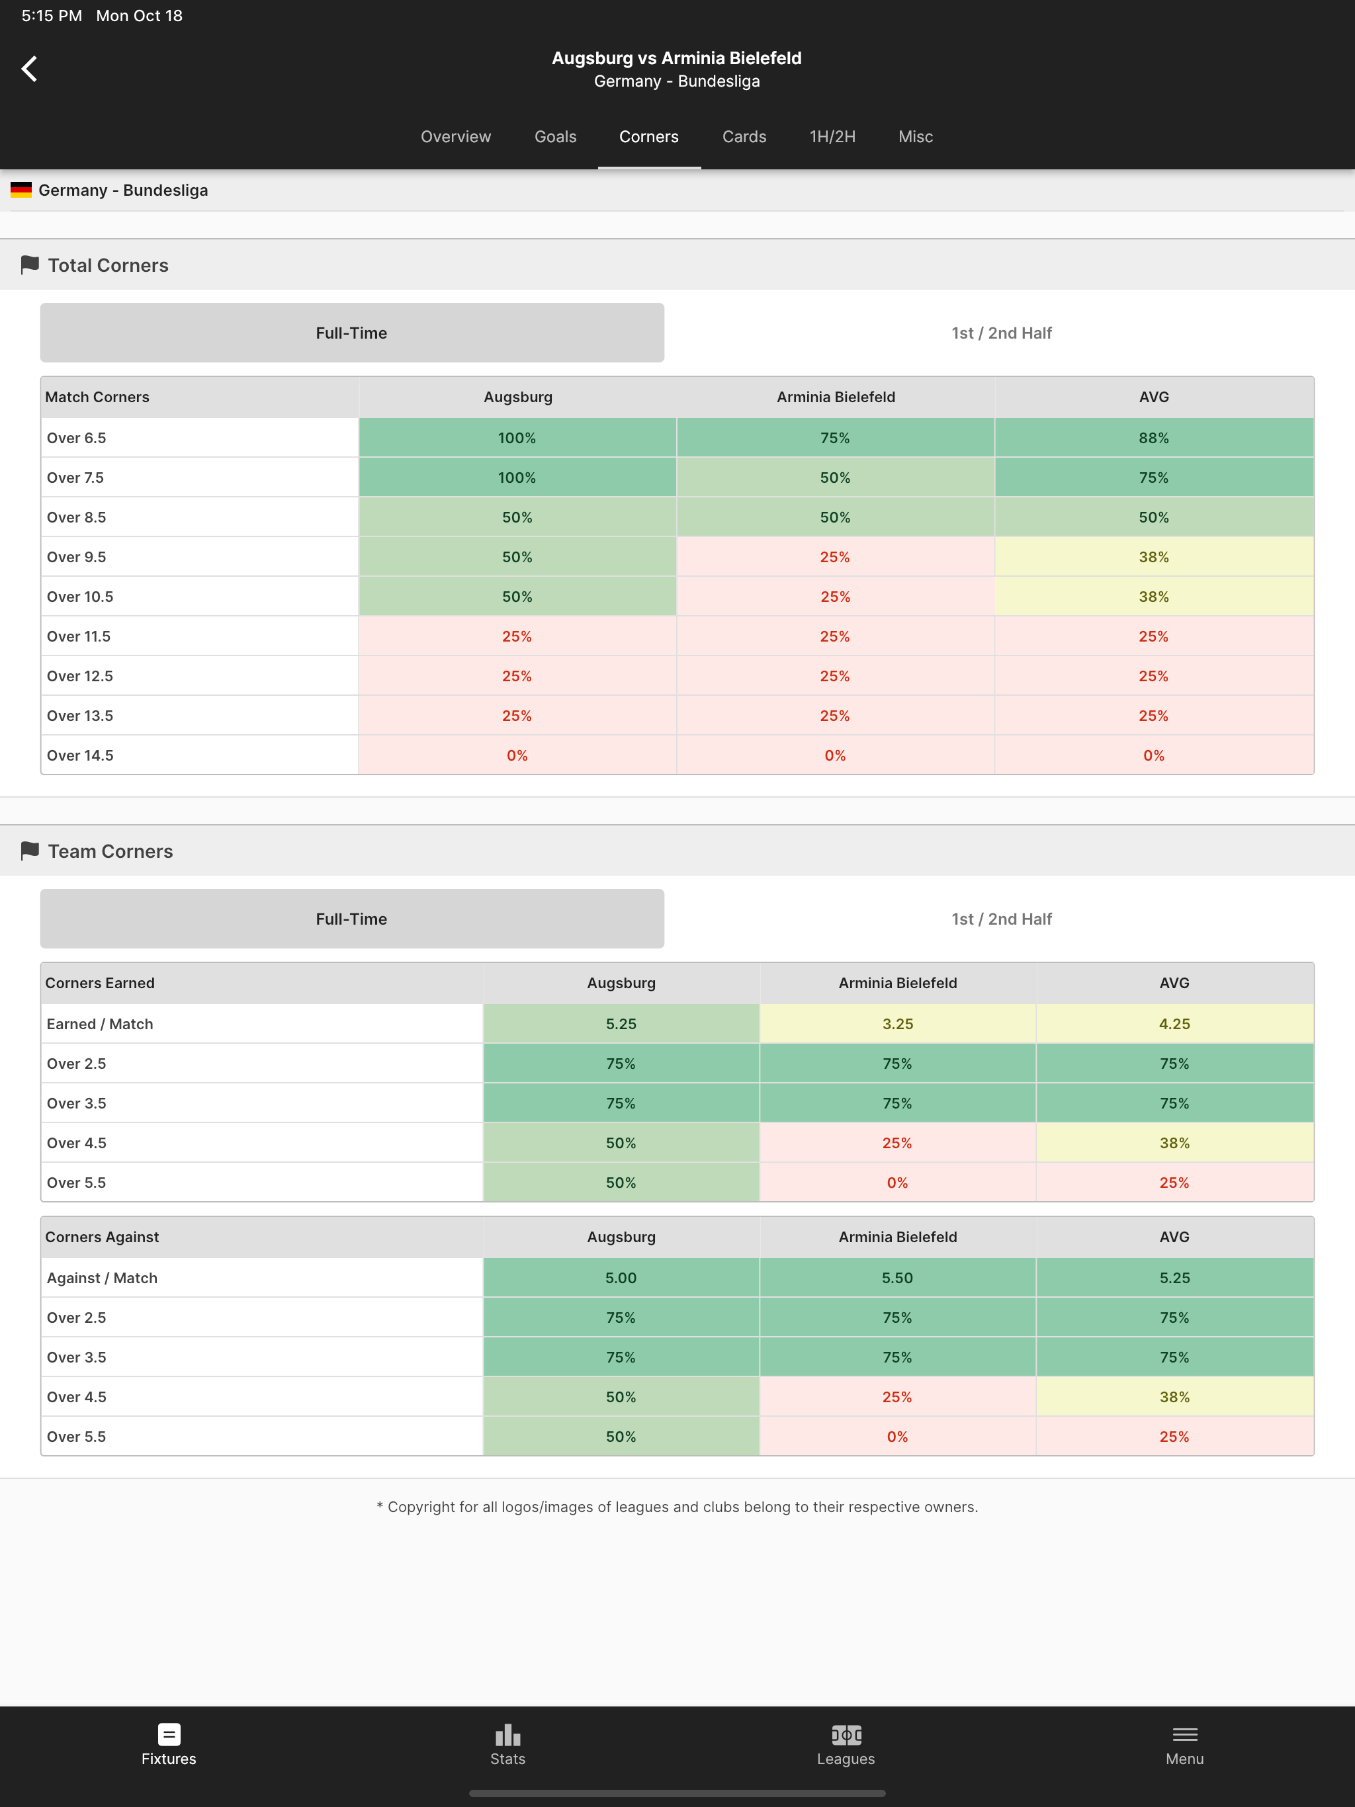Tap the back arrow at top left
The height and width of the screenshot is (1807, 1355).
click(29, 69)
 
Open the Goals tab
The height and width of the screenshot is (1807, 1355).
click(555, 136)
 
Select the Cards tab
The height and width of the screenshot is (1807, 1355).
click(744, 136)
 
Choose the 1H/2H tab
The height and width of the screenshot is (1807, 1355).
click(832, 136)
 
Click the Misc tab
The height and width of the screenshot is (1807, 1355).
click(915, 136)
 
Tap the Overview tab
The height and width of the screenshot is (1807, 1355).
click(455, 136)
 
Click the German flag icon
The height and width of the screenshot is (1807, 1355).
click(21, 190)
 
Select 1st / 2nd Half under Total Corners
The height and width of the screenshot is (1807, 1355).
click(1001, 333)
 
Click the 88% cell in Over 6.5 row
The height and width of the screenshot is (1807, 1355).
click(1153, 438)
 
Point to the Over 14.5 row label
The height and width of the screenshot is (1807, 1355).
click(80, 755)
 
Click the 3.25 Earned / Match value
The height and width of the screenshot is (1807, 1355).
click(897, 1025)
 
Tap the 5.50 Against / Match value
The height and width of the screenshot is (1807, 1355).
click(897, 1279)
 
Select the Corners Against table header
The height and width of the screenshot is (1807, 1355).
click(102, 1237)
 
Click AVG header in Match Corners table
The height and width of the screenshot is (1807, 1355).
click(1153, 397)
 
